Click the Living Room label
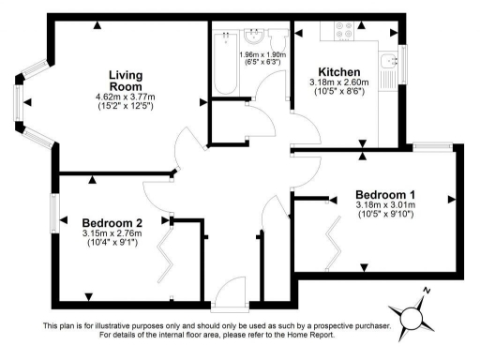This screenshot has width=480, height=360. (125, 81)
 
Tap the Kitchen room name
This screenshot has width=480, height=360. (338, 72)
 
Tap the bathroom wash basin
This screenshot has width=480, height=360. (251, 38)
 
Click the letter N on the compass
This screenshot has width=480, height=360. (427, 292)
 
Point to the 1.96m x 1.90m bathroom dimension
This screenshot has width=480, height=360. (264, 55)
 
